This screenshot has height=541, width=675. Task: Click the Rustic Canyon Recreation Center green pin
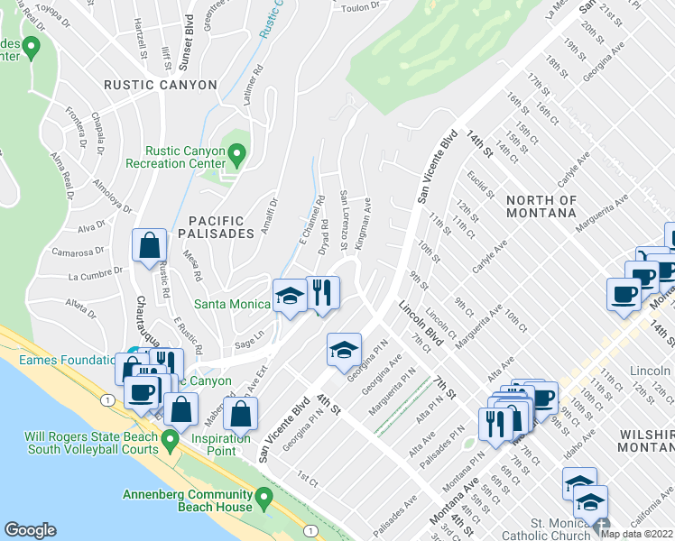237,157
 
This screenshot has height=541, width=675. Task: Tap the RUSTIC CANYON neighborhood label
161,85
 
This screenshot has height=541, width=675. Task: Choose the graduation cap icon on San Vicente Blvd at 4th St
343,351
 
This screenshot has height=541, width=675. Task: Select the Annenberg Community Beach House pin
264,497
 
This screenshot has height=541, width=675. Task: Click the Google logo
31,530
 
